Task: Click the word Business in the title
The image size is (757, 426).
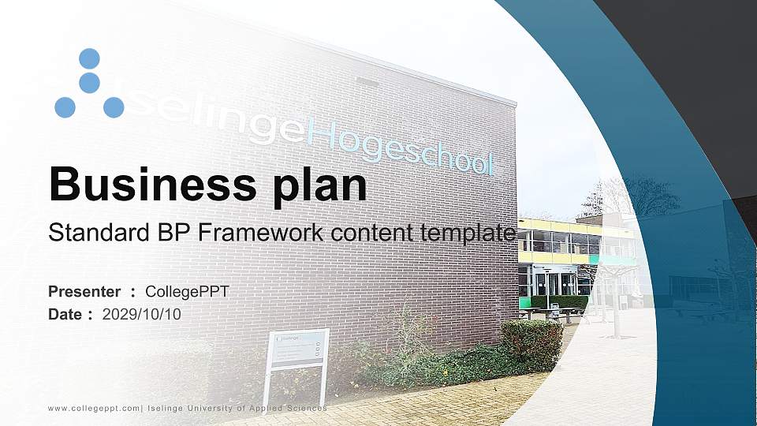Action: click(146, 185)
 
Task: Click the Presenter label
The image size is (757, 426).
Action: click(84, 292)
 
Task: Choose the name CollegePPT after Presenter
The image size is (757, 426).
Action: click(187, 292)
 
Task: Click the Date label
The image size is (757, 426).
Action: click(65, 314)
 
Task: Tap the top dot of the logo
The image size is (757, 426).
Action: click(89, 58)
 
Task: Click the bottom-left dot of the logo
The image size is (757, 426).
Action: click(65, 107)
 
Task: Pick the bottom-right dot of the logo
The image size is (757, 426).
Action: click(114, 107)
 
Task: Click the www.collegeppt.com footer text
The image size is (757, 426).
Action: click(95, 408)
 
